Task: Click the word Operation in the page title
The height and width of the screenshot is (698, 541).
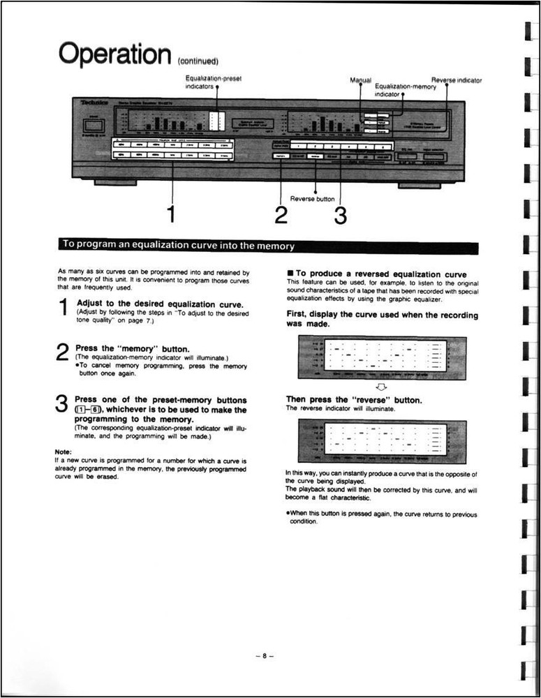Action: (115, 53)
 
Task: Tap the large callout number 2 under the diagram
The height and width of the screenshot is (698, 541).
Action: (281, 216)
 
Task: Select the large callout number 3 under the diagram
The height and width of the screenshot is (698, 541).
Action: (340, 216)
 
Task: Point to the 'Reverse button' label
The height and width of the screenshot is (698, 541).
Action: (312, 199)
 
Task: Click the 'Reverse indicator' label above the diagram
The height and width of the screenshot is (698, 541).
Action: (457, 80)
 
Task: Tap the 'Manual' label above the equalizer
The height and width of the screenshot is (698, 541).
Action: (360, 80)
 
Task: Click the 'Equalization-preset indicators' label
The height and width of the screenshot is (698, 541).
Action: (213, 82)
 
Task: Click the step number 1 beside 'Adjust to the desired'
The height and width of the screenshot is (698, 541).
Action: (63, 308)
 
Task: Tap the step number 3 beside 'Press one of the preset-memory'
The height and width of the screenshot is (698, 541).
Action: (62, 405)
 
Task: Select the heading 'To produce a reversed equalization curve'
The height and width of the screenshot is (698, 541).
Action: (381, 274)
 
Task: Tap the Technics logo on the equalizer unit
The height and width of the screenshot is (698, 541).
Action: (90, 103)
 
